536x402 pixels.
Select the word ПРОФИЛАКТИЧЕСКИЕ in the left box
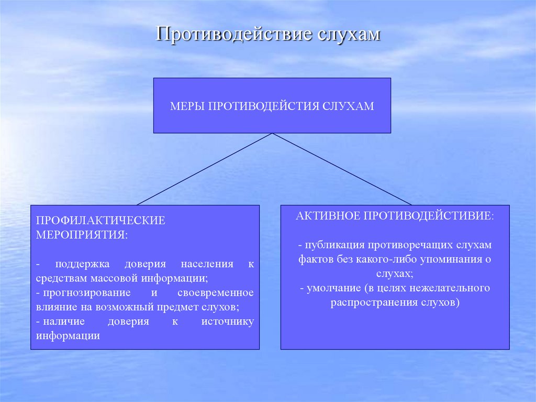click(x=100, y=220)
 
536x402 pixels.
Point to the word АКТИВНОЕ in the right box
click(x=326, y=216)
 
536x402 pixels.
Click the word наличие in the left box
click(x=59, y=321)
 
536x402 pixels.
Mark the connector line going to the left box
click(x=204, y=169)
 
